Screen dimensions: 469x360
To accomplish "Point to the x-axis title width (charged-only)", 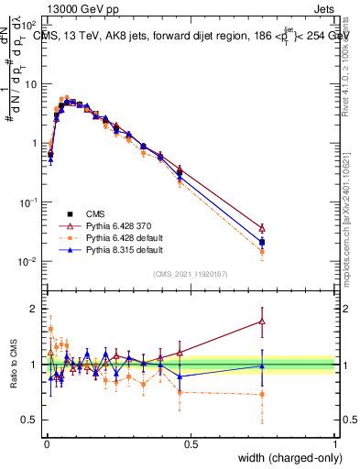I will [284, 456].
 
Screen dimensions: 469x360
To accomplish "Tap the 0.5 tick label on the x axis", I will [191, 444].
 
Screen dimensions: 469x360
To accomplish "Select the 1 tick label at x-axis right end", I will [335, 444].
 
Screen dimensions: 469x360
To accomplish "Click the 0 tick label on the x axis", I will [46, 444].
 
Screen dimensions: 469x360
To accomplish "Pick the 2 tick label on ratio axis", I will [34, 309].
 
